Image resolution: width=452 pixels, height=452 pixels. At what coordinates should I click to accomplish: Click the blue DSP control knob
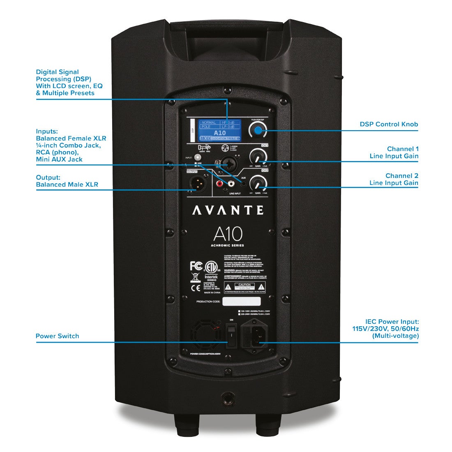coord(258,131)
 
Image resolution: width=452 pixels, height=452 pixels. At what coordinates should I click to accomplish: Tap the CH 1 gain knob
coord(258,157)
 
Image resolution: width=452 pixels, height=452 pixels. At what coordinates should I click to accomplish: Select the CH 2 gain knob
coord(258,182)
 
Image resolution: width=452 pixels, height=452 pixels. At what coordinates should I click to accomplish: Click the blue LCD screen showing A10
coord(220,130)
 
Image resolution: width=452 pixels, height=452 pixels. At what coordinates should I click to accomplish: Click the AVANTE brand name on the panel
coord(228,210)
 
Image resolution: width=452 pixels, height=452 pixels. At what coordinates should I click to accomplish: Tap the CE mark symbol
coord(196,288)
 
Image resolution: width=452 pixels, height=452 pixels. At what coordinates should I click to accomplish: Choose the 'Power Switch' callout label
coord(57,336)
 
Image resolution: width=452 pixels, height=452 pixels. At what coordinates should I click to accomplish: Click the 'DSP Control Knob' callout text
coord(389,124)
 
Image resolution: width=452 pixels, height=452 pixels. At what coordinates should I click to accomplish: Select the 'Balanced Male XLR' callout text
coord(67,184)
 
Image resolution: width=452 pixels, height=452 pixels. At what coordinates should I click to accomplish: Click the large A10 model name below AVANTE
coord(228,234)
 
